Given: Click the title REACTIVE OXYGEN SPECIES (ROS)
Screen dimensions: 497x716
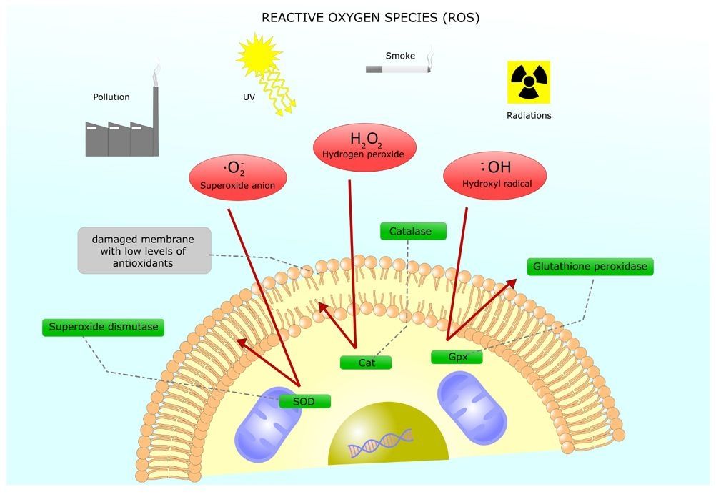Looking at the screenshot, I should (x=370, y=18).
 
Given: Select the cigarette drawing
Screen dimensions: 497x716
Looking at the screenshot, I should (x=397, y=68).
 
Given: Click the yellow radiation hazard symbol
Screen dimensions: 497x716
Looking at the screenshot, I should (x=529, y=82).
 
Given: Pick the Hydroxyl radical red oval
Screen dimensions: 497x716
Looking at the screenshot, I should (x=495, y=174).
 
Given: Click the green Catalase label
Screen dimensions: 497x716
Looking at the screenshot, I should (x=413, y=231).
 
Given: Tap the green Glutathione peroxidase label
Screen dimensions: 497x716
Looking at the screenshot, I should (x=590, y=267).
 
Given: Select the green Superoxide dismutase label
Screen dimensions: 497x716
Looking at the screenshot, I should (x=104, y=328).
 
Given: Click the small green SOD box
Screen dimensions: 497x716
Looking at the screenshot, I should (x=304, y=401).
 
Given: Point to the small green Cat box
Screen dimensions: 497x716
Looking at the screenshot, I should (x=367, y=363).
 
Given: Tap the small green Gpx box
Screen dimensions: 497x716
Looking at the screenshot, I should (x=457, y=356).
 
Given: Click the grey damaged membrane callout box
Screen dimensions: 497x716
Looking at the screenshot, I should (x=144, y=250).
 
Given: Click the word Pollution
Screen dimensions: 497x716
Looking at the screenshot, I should (x=111, y=97).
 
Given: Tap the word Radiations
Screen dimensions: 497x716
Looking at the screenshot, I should (x=529, y=115).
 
